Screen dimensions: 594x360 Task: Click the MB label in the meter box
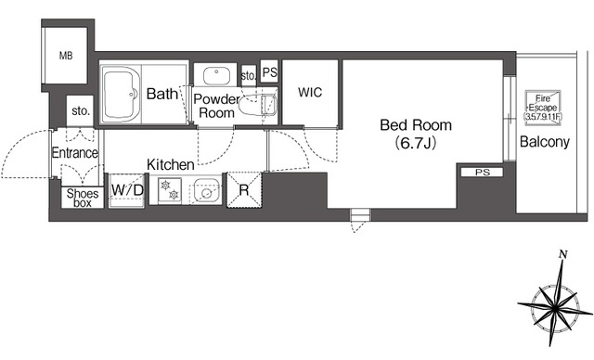[x=66, y=56]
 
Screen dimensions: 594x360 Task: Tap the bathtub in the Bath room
[x=121, y=94]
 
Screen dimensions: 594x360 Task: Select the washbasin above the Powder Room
[x=216, y=76]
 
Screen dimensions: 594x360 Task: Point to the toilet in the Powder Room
[x=258, y=106]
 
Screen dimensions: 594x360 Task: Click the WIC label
[x=310, y=93]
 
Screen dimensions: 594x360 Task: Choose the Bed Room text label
[x=416, y=125]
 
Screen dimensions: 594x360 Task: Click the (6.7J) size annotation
[x=416, y=143]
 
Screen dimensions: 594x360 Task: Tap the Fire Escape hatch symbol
[x=542, y=106]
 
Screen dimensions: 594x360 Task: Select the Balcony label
[x=545, y=142]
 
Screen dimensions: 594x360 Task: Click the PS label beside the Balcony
[x=483, y=173]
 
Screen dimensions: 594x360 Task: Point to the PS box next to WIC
[x=269, y=71]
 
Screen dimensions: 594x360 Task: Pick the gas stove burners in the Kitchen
[x=169, y=189]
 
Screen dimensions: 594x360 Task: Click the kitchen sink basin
[x=206, y=190]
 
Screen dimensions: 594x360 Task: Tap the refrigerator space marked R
[x=244, y=189]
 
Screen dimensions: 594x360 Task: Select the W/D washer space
[x=127, y=190]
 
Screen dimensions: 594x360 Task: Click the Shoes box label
[x=83, y=198]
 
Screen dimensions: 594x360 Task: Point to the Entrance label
[x=74, y=153]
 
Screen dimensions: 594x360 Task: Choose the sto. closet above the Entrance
[x=80, y=111]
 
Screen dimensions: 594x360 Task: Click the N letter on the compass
[x=563, y=254]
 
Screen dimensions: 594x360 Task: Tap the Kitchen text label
[x=171, y=164]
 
